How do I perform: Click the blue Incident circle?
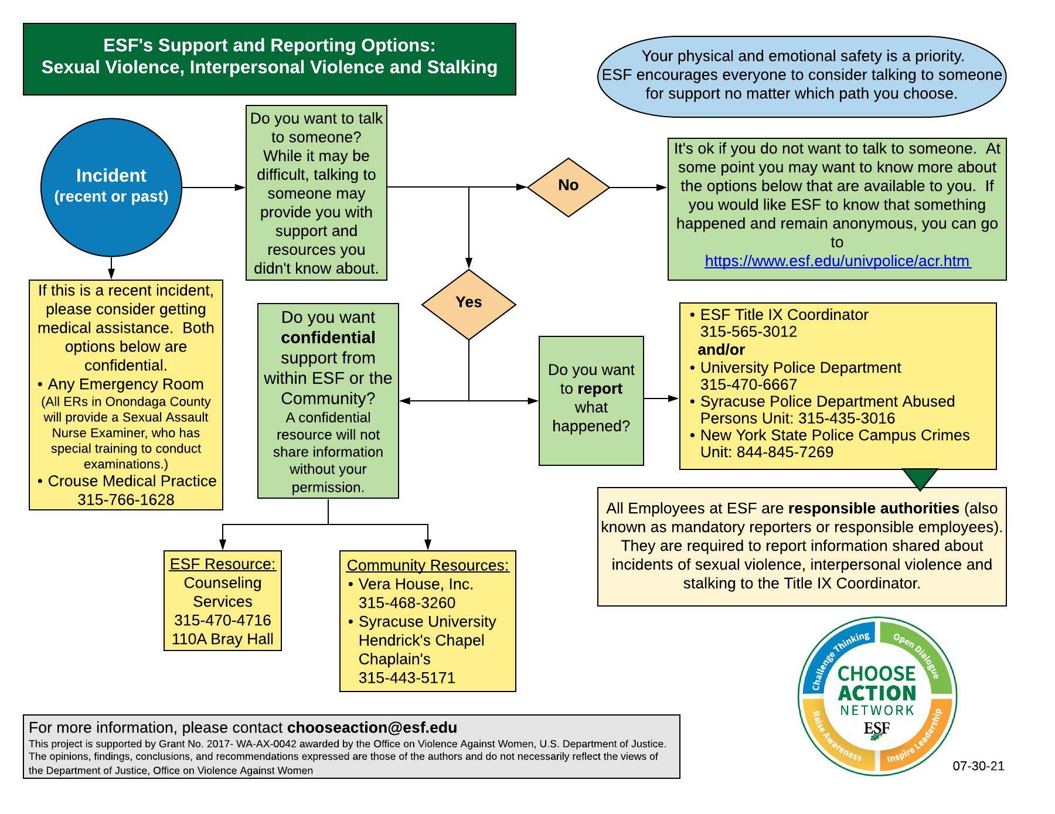(x=111, y=187)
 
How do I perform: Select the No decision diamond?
(x=568, y=186)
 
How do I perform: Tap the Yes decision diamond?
(x=468, y=304)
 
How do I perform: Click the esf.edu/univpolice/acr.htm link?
(x=837, y=261)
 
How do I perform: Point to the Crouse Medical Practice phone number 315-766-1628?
(x=126, y=500)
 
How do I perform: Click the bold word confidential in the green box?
(x=328, y=338)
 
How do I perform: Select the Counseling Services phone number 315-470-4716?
(x=223, y=620)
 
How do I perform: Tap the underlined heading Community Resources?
(x=428, y=566)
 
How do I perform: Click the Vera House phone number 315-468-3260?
(x=407, y=603)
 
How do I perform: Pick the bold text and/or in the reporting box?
(x=722, y=350)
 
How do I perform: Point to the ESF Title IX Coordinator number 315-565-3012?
(x=748, y=332)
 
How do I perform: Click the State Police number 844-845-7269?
(x=785, y=452)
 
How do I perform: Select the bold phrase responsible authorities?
(x=873, y=508)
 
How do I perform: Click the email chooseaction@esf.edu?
(x=372, y=728)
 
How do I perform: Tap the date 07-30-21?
(x=978, y=766)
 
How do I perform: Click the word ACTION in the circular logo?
(x=877, y=693)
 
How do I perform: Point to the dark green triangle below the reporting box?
(x=920, y=478)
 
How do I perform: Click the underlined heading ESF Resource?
(x=223, y=564)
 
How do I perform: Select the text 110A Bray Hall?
(x=223, y=639)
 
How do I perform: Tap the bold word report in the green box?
(x=600, y=389)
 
